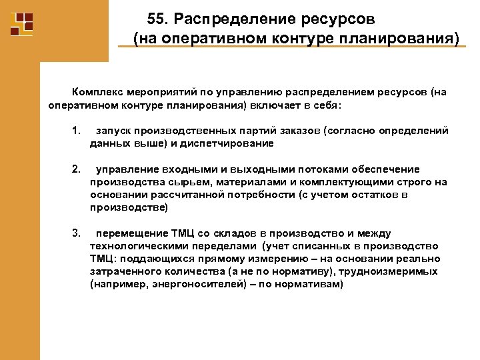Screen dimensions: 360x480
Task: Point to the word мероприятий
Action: [x=164, y=92]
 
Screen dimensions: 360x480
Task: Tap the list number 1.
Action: [x=76, y=130]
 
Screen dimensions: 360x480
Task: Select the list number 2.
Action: [x=76, y=169]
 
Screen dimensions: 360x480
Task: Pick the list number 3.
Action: [x=76, y=233]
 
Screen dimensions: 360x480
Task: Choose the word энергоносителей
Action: [x=193, y=284]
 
